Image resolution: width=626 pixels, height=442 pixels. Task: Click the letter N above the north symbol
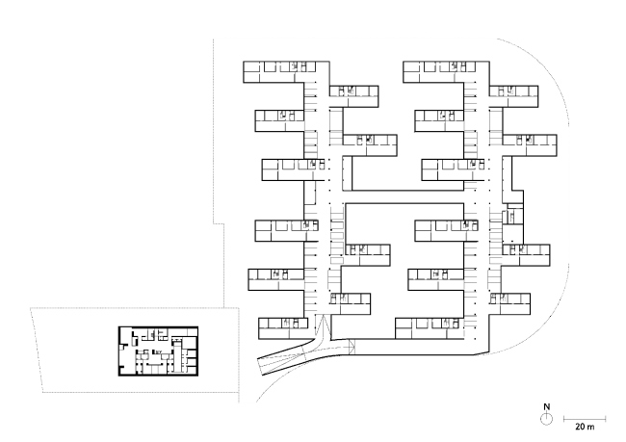coord(546,406)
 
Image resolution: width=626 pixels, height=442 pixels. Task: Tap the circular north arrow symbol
coord(546,419)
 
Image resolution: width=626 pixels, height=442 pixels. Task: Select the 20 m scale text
coord(584,425)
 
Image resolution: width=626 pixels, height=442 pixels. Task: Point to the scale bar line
coord(584,416)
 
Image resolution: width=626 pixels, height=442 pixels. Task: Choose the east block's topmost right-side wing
coord(512,92)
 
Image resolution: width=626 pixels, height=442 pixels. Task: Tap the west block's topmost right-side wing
coord(352,92)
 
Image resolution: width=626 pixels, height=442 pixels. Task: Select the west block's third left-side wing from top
coord(287,169)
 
